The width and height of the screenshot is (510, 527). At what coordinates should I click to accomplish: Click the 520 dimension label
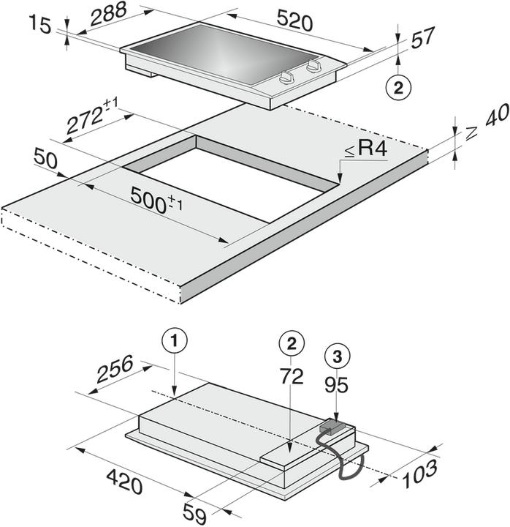click(294, 22)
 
